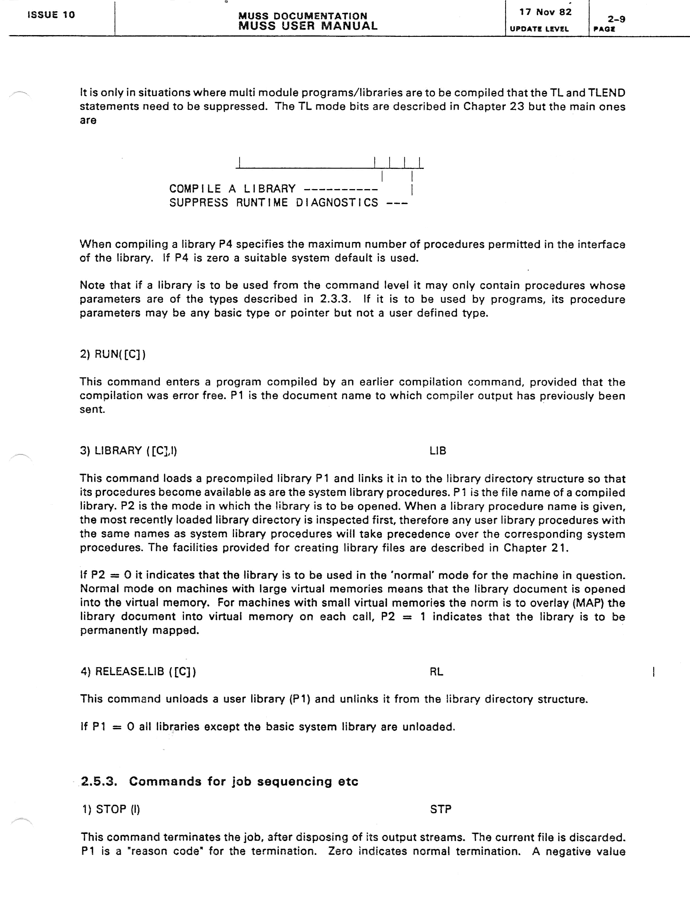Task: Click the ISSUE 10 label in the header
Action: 51,15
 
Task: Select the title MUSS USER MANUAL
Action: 308,26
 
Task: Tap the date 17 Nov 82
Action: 545,12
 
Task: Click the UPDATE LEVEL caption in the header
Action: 539,29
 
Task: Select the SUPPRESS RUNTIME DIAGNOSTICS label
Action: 274,203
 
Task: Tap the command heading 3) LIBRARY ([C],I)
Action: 129,451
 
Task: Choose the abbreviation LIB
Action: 438,451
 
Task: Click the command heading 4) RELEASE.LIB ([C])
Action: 138,671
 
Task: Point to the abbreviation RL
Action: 436,671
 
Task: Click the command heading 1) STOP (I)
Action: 111,809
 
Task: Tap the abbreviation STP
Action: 440,809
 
